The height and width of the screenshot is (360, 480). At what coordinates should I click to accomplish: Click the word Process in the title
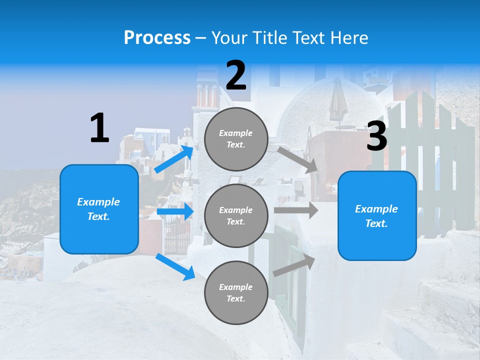[157, 38]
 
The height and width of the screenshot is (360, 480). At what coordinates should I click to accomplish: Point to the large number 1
[99, 128]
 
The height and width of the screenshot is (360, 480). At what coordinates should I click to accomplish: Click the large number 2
[236, 76]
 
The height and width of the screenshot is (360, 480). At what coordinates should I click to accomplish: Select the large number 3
[376, 136]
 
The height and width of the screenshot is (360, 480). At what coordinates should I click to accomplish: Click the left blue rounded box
[99, 209]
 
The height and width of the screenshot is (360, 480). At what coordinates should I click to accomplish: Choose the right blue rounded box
[377, 216]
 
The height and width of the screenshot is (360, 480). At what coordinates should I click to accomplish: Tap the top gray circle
[236, 139]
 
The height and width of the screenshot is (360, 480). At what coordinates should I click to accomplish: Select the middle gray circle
[236, 215]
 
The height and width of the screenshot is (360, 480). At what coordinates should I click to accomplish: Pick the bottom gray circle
[236, 292]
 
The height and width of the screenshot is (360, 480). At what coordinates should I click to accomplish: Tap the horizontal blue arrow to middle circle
[175, 211]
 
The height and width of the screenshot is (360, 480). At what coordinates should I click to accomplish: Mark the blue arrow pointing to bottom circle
[175, 266]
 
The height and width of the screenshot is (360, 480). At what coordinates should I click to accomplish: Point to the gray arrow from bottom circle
[294, 266]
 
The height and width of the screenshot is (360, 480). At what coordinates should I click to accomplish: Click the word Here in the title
[349, 38]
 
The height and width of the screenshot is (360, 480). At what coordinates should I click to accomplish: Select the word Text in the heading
[306, 38]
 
